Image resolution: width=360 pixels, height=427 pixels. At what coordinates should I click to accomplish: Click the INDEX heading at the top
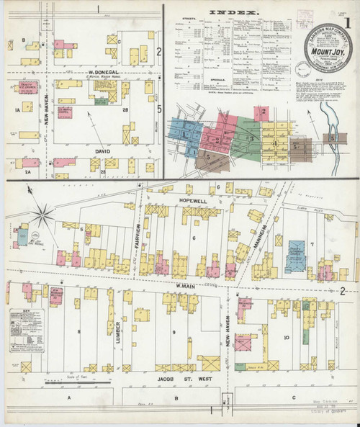point(233,12)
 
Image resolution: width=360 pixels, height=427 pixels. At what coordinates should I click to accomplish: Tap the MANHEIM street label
point(264,233)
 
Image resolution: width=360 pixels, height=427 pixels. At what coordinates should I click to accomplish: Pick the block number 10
point(286,337)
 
